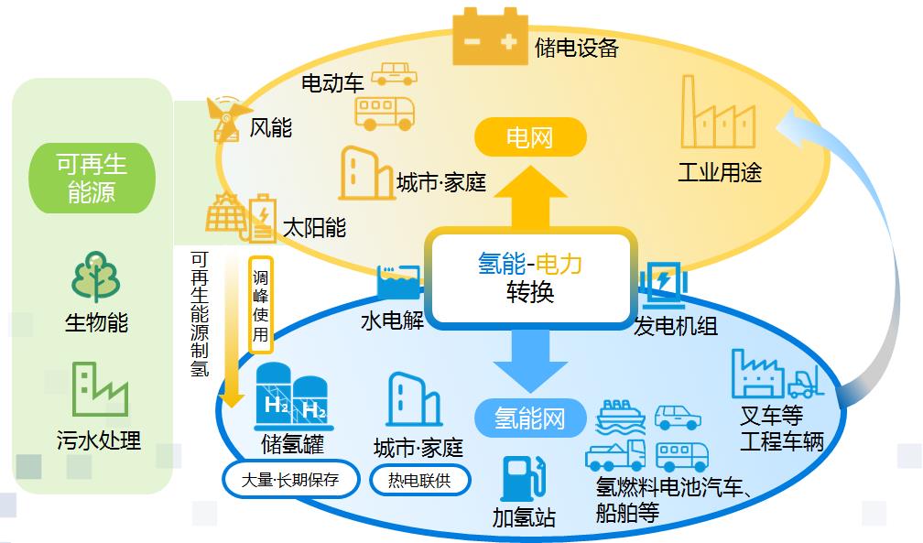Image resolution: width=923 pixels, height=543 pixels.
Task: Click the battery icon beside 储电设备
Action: (490, 37)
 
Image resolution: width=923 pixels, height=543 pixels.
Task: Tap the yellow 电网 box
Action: (530, 139)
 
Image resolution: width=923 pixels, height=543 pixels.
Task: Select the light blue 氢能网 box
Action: (530, 419)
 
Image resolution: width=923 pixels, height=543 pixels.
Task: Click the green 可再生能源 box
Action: (92, 178)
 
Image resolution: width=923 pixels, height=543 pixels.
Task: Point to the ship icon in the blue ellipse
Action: (621, 417)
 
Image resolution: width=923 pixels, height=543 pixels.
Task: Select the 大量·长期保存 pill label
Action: (289, 479)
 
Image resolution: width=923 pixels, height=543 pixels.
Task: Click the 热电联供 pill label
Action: (419, 480)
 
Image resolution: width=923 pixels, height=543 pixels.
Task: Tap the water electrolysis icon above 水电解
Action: (397, 284)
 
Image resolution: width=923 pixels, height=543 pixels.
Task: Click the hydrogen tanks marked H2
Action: (291, 399)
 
